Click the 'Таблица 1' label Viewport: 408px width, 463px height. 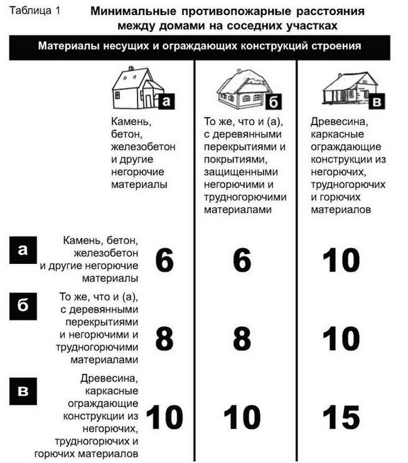pos(35,11)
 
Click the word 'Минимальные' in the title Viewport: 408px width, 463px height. pos(133,11)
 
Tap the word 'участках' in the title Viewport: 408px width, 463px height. pos(311,26)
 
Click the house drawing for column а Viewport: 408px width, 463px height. pos(137,87)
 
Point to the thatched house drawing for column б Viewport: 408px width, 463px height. pos(244,87)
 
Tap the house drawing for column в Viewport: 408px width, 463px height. pos(350,88)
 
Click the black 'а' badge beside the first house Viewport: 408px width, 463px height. pos(167,102)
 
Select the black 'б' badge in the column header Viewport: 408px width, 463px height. pos(274,102)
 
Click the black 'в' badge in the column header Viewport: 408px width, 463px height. pos(377,102)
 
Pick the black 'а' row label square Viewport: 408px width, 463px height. pos(23,250)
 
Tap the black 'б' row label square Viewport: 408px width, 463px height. pos(23,306)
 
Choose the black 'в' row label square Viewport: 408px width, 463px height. pos(23,391)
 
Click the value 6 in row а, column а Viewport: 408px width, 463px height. pos(164,260)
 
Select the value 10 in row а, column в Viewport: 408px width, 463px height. pos(341,260)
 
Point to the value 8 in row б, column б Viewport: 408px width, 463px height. pos(242,339)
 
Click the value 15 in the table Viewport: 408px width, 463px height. pos(341,417)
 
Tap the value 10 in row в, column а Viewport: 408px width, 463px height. pos(164,417)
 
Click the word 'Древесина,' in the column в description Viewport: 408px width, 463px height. pos(339,122)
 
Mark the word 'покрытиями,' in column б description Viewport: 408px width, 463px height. pos(236,160)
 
